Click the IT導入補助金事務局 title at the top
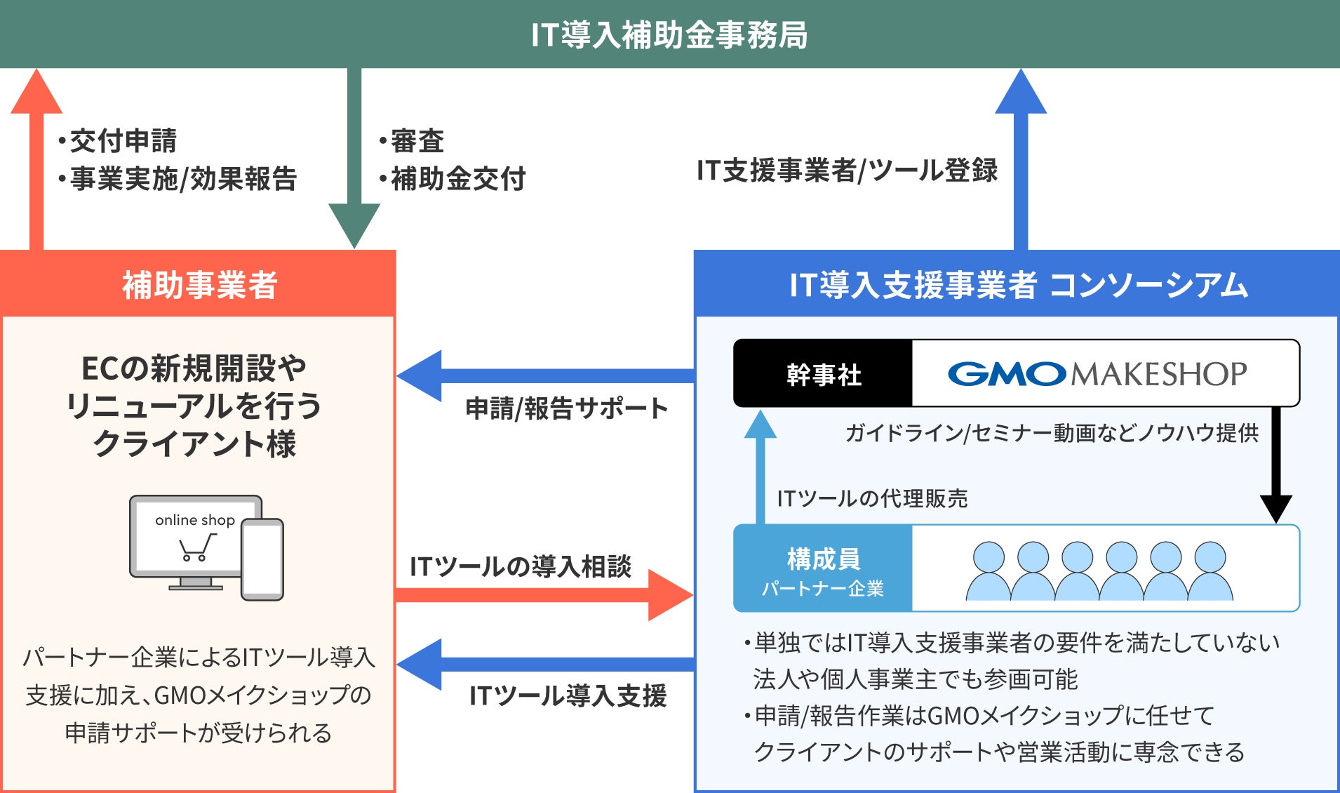click(669, 34)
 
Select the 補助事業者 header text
click(200, 285)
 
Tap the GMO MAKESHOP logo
click(1097, 374)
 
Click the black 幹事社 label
click(824, 375)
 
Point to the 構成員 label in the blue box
click(824, 559)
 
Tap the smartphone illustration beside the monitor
click(262, 559)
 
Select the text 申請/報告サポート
click(567, 408)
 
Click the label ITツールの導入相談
click(521, 566)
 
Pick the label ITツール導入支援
click(568, 695)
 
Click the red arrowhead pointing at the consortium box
click(671, 595)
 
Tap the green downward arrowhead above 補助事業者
click(354, 226)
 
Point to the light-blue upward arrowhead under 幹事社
click(760, 424)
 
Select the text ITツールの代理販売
click(872, 498)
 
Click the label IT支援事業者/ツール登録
click(847, 171)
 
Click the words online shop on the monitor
click(195, 520)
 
